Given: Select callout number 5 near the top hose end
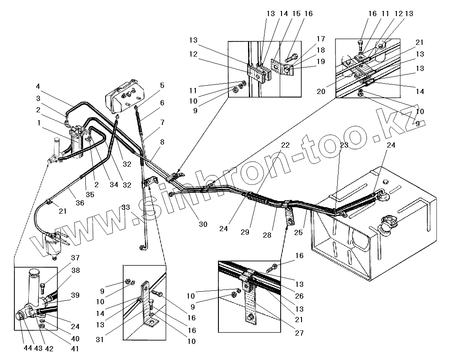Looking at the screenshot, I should click(162, 86).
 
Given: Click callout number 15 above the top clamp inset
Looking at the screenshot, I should click(296, 14).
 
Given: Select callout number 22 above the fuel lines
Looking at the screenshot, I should click(285, 145).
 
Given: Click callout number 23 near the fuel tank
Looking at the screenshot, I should click(344, 146).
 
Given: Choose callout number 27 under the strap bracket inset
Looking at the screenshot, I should click(299, 333).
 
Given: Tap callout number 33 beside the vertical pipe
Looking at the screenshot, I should click(125, 208).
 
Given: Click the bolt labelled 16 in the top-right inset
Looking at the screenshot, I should click(359, 43).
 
